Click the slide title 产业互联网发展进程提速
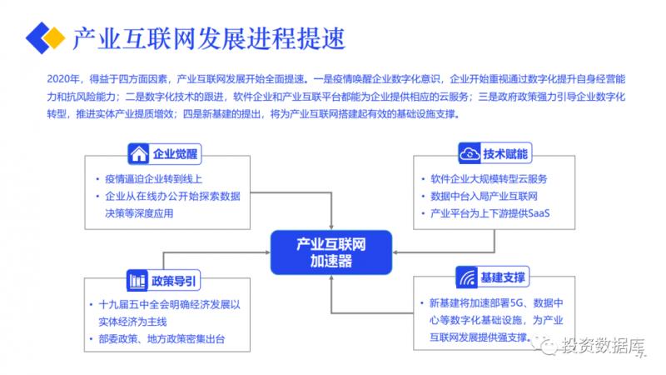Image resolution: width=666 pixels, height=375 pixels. (208, 37)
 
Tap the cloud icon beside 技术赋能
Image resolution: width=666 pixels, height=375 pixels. (470, 153)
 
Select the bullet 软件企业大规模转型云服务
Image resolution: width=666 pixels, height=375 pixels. (488, 179)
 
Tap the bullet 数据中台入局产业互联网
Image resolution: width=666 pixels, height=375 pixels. (482, 197)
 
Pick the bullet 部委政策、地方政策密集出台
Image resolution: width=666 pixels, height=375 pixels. (162, 338)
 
